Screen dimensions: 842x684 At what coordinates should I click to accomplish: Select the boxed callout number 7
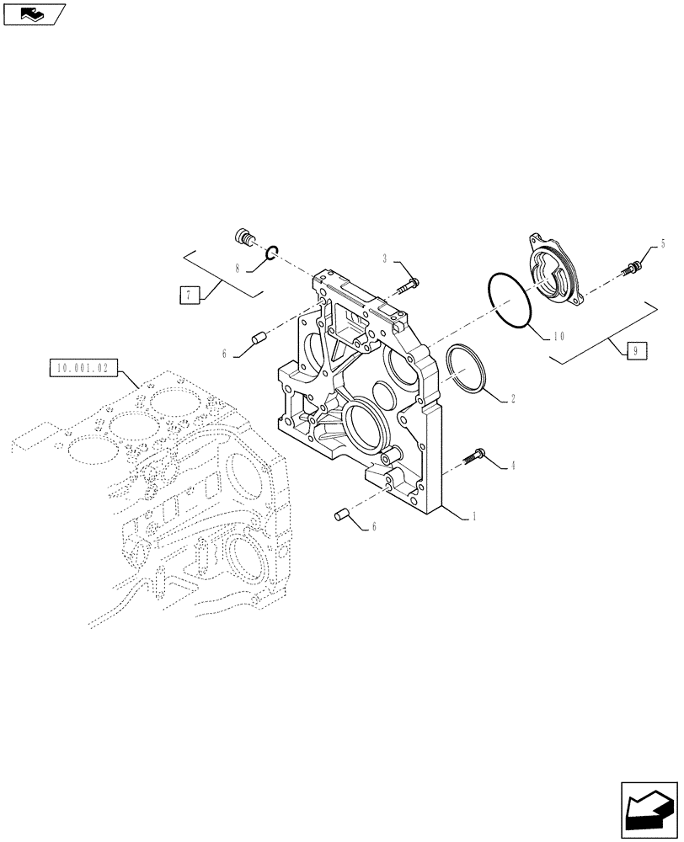tap(190, 295)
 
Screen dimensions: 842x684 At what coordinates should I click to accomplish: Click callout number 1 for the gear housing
tap(475, 517)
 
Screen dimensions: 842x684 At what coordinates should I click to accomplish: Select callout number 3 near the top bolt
tap(386, 258)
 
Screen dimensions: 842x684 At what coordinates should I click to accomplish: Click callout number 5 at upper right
tap(662, 244)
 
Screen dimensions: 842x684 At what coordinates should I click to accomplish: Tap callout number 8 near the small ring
tap(238, 269)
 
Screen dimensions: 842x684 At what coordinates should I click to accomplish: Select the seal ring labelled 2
tap(466, 368)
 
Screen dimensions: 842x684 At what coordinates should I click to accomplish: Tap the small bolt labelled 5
tap(631, 268)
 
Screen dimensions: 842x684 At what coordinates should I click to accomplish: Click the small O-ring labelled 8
tap(270, 251)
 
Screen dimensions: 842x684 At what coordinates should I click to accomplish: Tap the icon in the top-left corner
tap(34, 13)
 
